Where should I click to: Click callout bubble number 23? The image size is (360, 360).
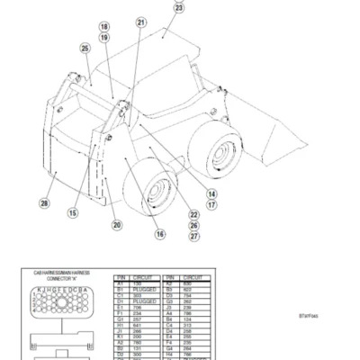[x=177, y=8]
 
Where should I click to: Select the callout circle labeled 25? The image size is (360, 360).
[x=85, y=49]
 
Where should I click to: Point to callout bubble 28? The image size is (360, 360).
[x=44, y=203]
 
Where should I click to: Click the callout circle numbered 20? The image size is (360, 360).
[x=116, y=225]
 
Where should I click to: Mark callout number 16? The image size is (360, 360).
[x=160, y=235]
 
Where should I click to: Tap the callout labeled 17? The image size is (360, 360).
[x=211, y=204]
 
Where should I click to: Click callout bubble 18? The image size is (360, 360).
[x=103, y=27]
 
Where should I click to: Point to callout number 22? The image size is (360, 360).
[x=194, y=214]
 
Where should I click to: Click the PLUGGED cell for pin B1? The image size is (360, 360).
[x=144, y=290]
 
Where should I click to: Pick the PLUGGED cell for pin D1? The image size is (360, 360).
[x=144, y=303]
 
